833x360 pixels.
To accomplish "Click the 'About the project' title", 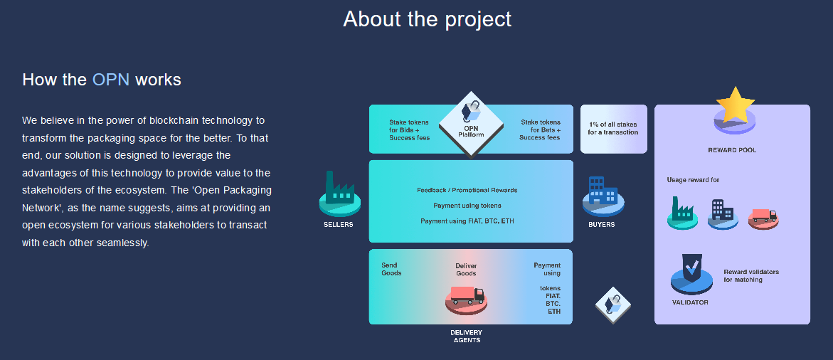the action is coord(427,18).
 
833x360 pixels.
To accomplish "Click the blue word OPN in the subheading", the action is coord(110,80).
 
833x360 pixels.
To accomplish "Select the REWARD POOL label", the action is coord(732,150).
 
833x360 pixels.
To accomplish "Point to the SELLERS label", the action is coord(339,225).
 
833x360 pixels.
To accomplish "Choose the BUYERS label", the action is coord(601,225).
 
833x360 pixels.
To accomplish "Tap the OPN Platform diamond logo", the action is coord(471,125).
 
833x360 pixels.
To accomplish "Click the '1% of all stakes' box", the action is coord(614,129).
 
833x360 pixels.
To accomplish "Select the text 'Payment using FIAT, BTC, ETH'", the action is coord(467,221).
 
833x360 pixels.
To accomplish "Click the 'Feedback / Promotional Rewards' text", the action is coord(467,190).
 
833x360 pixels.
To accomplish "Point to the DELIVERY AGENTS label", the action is coord(466,336).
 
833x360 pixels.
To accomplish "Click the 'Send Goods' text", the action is coord(391,269).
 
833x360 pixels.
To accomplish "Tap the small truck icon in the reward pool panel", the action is coord(763,217).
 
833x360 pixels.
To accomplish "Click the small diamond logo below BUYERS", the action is coord(613,305).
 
